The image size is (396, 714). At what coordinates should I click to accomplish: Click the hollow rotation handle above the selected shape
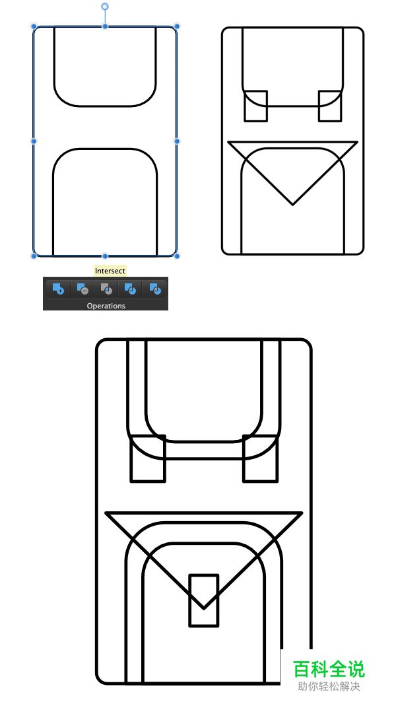(105, 7)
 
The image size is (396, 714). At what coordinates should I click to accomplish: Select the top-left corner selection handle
(34, 26)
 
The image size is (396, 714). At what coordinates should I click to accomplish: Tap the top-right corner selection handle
(177, 26)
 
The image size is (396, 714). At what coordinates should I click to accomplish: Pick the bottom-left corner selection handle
(34, 256)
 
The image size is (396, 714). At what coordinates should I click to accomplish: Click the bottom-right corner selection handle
(177, 256)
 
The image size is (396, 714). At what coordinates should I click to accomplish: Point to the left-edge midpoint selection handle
(34, 141)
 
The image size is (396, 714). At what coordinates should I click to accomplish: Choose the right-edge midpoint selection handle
(177, 141)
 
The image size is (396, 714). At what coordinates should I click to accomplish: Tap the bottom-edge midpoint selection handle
(105, 256)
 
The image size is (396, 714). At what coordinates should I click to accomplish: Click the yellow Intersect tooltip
(110, 271)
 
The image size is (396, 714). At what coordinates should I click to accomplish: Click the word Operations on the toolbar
(106, 306)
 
